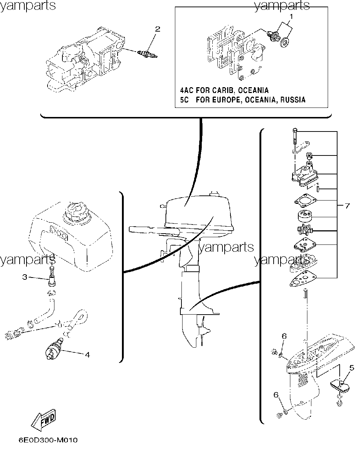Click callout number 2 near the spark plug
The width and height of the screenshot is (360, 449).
(157, 29)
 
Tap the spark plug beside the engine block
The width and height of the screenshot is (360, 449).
(147, 54)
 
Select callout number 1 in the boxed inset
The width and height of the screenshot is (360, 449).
(291, 16)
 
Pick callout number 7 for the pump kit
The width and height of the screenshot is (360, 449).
(347, 206)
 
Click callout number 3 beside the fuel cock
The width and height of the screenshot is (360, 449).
(25, 277)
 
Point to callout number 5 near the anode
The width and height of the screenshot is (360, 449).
(352, 368)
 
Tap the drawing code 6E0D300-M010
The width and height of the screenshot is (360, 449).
(48, 440)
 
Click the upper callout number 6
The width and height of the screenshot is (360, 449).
(284, 336)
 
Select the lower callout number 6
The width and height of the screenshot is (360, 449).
(276, 395)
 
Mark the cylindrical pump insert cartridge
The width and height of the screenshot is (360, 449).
(305, 217)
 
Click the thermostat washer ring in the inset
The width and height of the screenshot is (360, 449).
(285, 43)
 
